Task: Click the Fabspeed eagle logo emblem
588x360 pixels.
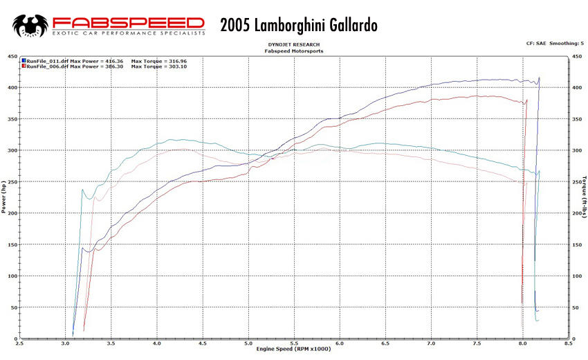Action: [x=31, y=26]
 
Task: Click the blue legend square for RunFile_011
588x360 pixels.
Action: [x=25, y=61]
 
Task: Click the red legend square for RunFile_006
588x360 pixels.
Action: [x=25, y=66]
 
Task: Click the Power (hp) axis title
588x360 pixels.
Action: [x=4, y=197]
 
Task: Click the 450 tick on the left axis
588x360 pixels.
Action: [x=12, y=56]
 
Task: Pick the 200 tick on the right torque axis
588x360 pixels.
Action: [x=576, y=213]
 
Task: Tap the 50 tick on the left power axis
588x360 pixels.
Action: [x=14, y=307]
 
